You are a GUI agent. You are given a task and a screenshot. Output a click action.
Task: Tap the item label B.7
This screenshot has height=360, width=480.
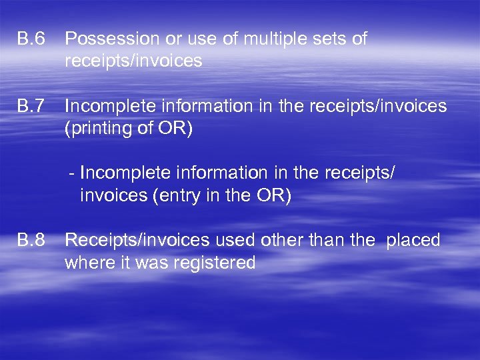(x=31, y=107)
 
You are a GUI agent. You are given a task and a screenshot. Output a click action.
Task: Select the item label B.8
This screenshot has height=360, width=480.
(x=31, y=241)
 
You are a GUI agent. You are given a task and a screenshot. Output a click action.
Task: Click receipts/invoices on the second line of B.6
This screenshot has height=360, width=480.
(x=133, y=61)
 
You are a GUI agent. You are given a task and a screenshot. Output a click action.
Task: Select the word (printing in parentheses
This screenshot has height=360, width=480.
(x=100, y=128)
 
